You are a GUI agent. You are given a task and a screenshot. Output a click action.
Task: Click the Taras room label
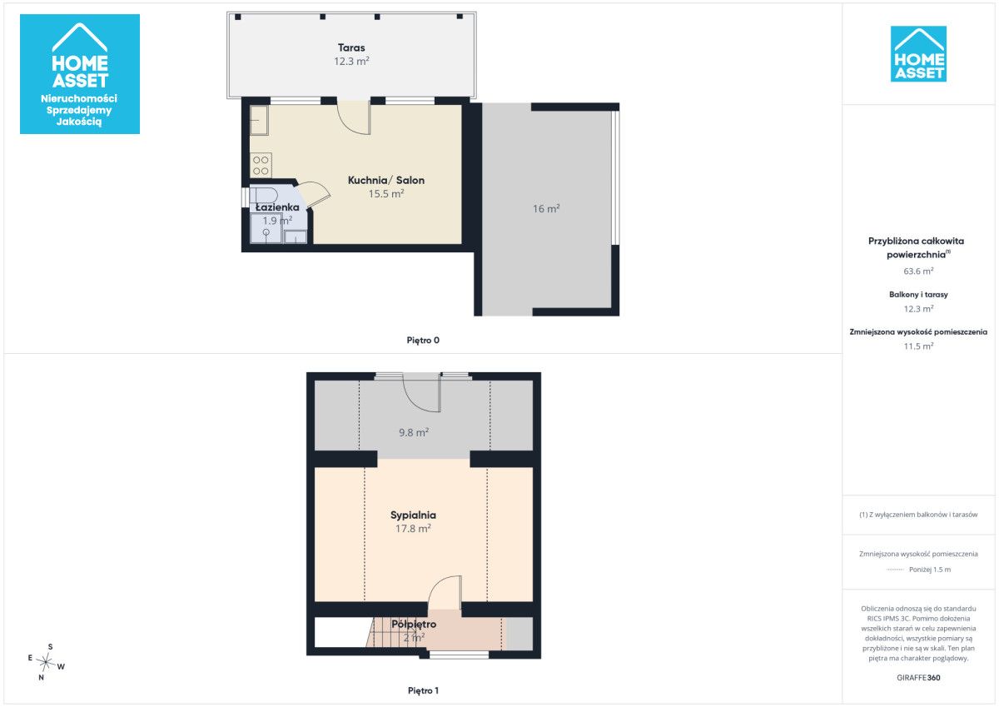(x=351, y=47)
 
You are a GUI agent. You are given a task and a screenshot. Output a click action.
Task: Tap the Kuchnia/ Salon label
(x=385, y=180)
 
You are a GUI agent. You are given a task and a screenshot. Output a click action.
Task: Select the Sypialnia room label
(x=413, y=515)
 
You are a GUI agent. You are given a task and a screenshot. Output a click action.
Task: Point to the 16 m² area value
(x=546, y=209)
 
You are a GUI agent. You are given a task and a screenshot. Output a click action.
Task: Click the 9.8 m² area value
(x=414, y=433)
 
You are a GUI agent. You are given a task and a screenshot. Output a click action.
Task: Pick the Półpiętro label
(x=414, y=625)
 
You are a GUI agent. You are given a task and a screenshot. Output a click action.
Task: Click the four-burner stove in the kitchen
(x=261, y=165)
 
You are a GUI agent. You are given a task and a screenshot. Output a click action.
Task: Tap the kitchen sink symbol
(x=259, y=120)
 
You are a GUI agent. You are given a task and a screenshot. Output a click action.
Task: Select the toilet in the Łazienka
(x=263, y=196)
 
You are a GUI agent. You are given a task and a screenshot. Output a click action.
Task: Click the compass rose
(x=46, y=662)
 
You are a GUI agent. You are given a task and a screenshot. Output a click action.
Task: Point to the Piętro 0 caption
(x=423, y=341)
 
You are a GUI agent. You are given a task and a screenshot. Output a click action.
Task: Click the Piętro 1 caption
(x=423, y=691)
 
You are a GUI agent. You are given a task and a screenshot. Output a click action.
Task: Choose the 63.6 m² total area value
(x=918, y=271)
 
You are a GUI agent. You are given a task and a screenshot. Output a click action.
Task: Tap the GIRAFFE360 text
(x=918, y=678)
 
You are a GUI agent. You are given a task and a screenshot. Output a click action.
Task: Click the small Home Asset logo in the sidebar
(x=918, y=54)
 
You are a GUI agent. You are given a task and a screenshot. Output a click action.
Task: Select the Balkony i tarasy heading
(x=918, y=295)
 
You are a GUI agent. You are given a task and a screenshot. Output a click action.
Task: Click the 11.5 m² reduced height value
(x=918, y=346)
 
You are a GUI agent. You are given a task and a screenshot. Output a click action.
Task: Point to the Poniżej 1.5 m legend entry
(x=929, y=570)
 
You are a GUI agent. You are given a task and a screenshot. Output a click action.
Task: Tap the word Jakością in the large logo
(x=79, y=122)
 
